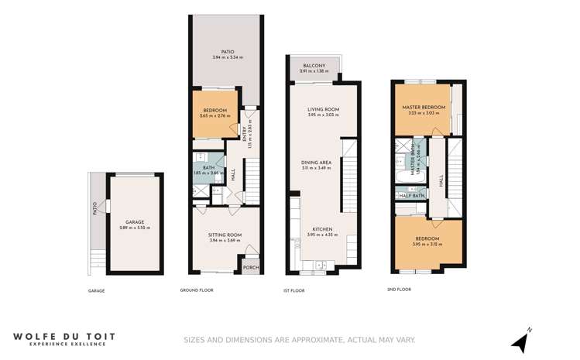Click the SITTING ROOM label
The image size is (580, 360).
click(x=225, y=235)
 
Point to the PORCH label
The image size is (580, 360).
click(x=250, y=269)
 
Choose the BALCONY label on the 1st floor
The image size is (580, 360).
click(x=314, y=65)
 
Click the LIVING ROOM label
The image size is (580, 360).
click(x=323, y=110)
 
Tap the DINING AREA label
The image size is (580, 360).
click(x=316, y=162)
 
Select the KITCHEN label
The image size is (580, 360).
click(x=322, y=229)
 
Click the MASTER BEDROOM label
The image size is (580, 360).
click(x=424, y=107)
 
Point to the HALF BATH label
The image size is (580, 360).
click(x=410, y=196)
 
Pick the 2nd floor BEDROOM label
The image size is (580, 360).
click(x=427, y=238)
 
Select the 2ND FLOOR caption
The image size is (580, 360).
click(x=399, y=290)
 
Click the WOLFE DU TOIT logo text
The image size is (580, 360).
click(x=66, y=336)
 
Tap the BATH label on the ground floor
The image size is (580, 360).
click(x=208, y=166)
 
